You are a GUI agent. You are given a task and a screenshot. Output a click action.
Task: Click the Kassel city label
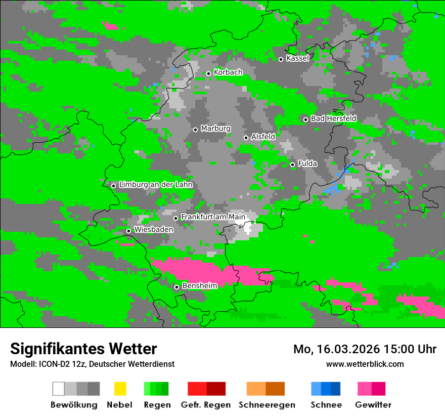click(x=297, y=58)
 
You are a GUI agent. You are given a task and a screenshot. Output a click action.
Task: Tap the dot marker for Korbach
click(x=208, y=73)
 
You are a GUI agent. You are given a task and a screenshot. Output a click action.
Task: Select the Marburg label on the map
click(x=215, y=129)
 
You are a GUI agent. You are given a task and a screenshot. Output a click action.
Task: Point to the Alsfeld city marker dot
click(x=246, y=138)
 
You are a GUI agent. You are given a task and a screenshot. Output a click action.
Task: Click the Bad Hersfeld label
click(x=333, y=118)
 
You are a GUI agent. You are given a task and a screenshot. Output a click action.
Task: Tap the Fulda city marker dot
click(x=292, y=164)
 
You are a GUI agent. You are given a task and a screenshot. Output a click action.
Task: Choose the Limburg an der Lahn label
click(x=155, y=185)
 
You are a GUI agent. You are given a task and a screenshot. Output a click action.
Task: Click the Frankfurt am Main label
click(x=213, y=217)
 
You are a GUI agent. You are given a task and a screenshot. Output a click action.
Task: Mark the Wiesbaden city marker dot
click(x=128, y=231)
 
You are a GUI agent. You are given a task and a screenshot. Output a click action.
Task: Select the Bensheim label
click(x=199, y=286)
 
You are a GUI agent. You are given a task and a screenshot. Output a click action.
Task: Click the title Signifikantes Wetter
click(x=83, y=349)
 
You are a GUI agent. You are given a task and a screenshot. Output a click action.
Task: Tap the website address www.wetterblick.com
click(x=365, y=364)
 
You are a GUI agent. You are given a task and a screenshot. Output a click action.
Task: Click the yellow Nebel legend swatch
click(x=120, y=389)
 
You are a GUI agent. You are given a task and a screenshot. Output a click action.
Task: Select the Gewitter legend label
click(x=373, y=405)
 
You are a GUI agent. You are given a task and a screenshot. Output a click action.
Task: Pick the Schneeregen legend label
click(x=267, y=405)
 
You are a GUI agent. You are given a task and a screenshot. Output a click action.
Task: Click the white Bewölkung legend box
click(x=59, y=389)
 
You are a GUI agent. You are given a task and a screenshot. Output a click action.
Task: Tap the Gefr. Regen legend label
click(x=205, y=405)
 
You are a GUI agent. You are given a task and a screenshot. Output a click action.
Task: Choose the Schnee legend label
click(x=326, y=405)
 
